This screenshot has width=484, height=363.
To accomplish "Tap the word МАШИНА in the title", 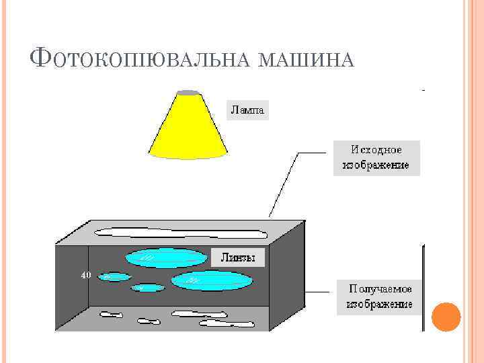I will [305, 61].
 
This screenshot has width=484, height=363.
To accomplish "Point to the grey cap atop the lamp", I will [189, 92].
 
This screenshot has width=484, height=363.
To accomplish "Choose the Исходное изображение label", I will [376, 157].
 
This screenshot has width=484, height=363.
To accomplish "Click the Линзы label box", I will [239, 257].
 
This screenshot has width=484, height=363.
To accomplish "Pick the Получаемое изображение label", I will [379, 296].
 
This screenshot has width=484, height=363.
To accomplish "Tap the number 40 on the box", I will [85, 275].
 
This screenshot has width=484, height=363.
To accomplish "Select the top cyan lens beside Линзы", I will [165, 257].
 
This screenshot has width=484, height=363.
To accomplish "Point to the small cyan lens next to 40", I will [114, 276].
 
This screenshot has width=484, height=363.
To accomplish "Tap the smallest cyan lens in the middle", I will [147, 288].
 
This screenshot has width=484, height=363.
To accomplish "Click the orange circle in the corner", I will [445, 317].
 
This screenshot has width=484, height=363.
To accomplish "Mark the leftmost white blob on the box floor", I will [112, 313].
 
